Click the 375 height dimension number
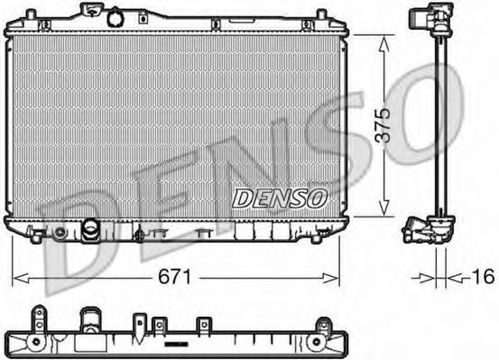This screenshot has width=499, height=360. click(x=382, y=126)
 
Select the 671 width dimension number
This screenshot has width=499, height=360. click(x=176, y=277)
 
